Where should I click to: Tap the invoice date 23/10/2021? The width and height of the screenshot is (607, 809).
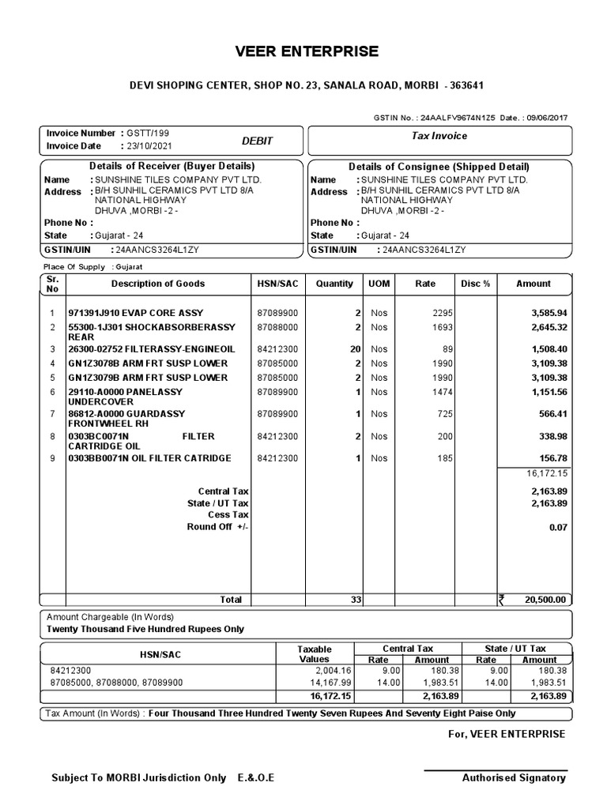point(147,146)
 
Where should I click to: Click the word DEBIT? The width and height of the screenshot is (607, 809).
point(257,141)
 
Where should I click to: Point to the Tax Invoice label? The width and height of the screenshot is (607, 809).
point(439,136)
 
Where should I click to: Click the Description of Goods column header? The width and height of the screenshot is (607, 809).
point(157,284)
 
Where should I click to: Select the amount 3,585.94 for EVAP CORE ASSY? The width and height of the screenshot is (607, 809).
point(549,313)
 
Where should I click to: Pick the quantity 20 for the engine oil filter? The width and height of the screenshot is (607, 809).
point(355,348)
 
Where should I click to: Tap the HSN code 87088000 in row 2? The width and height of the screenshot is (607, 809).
point(277,327)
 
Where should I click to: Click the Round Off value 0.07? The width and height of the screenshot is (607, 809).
point(558,527)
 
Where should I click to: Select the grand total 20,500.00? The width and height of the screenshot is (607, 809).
point(545,600)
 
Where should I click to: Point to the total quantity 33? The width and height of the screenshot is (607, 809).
point(355,600)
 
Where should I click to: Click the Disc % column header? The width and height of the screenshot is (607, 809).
point(476,284)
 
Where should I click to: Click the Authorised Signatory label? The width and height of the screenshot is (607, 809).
point(514,778)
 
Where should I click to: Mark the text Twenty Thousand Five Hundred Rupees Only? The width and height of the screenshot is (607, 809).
point(145,629)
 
